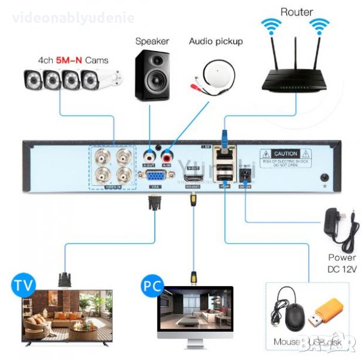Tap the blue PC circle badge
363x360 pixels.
152,284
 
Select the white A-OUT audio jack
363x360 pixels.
149,155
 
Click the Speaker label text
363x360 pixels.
152,41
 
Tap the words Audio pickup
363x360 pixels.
216,41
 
